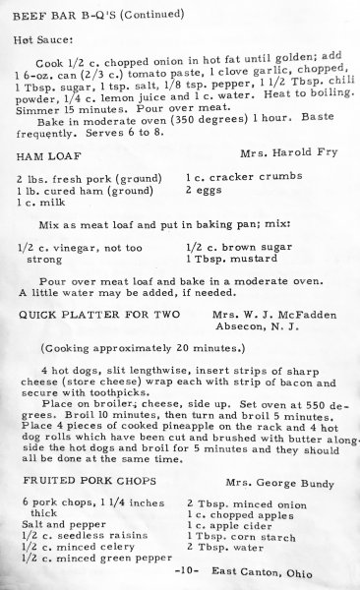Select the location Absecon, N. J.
click(271, 329)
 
